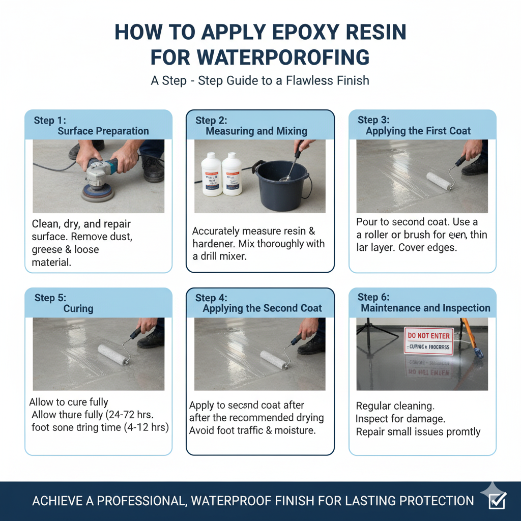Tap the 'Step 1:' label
point(50,121)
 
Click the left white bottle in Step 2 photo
point(211,174)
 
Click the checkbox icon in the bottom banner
point(496,501)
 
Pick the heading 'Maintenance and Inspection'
point(425,308)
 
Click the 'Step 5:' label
point(50,298)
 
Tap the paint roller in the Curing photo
point(113,354)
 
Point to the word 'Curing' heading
point(78,309)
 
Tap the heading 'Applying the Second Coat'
point(262,309)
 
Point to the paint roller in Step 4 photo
point(275,358)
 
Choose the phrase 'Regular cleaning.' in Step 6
point(395,406)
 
